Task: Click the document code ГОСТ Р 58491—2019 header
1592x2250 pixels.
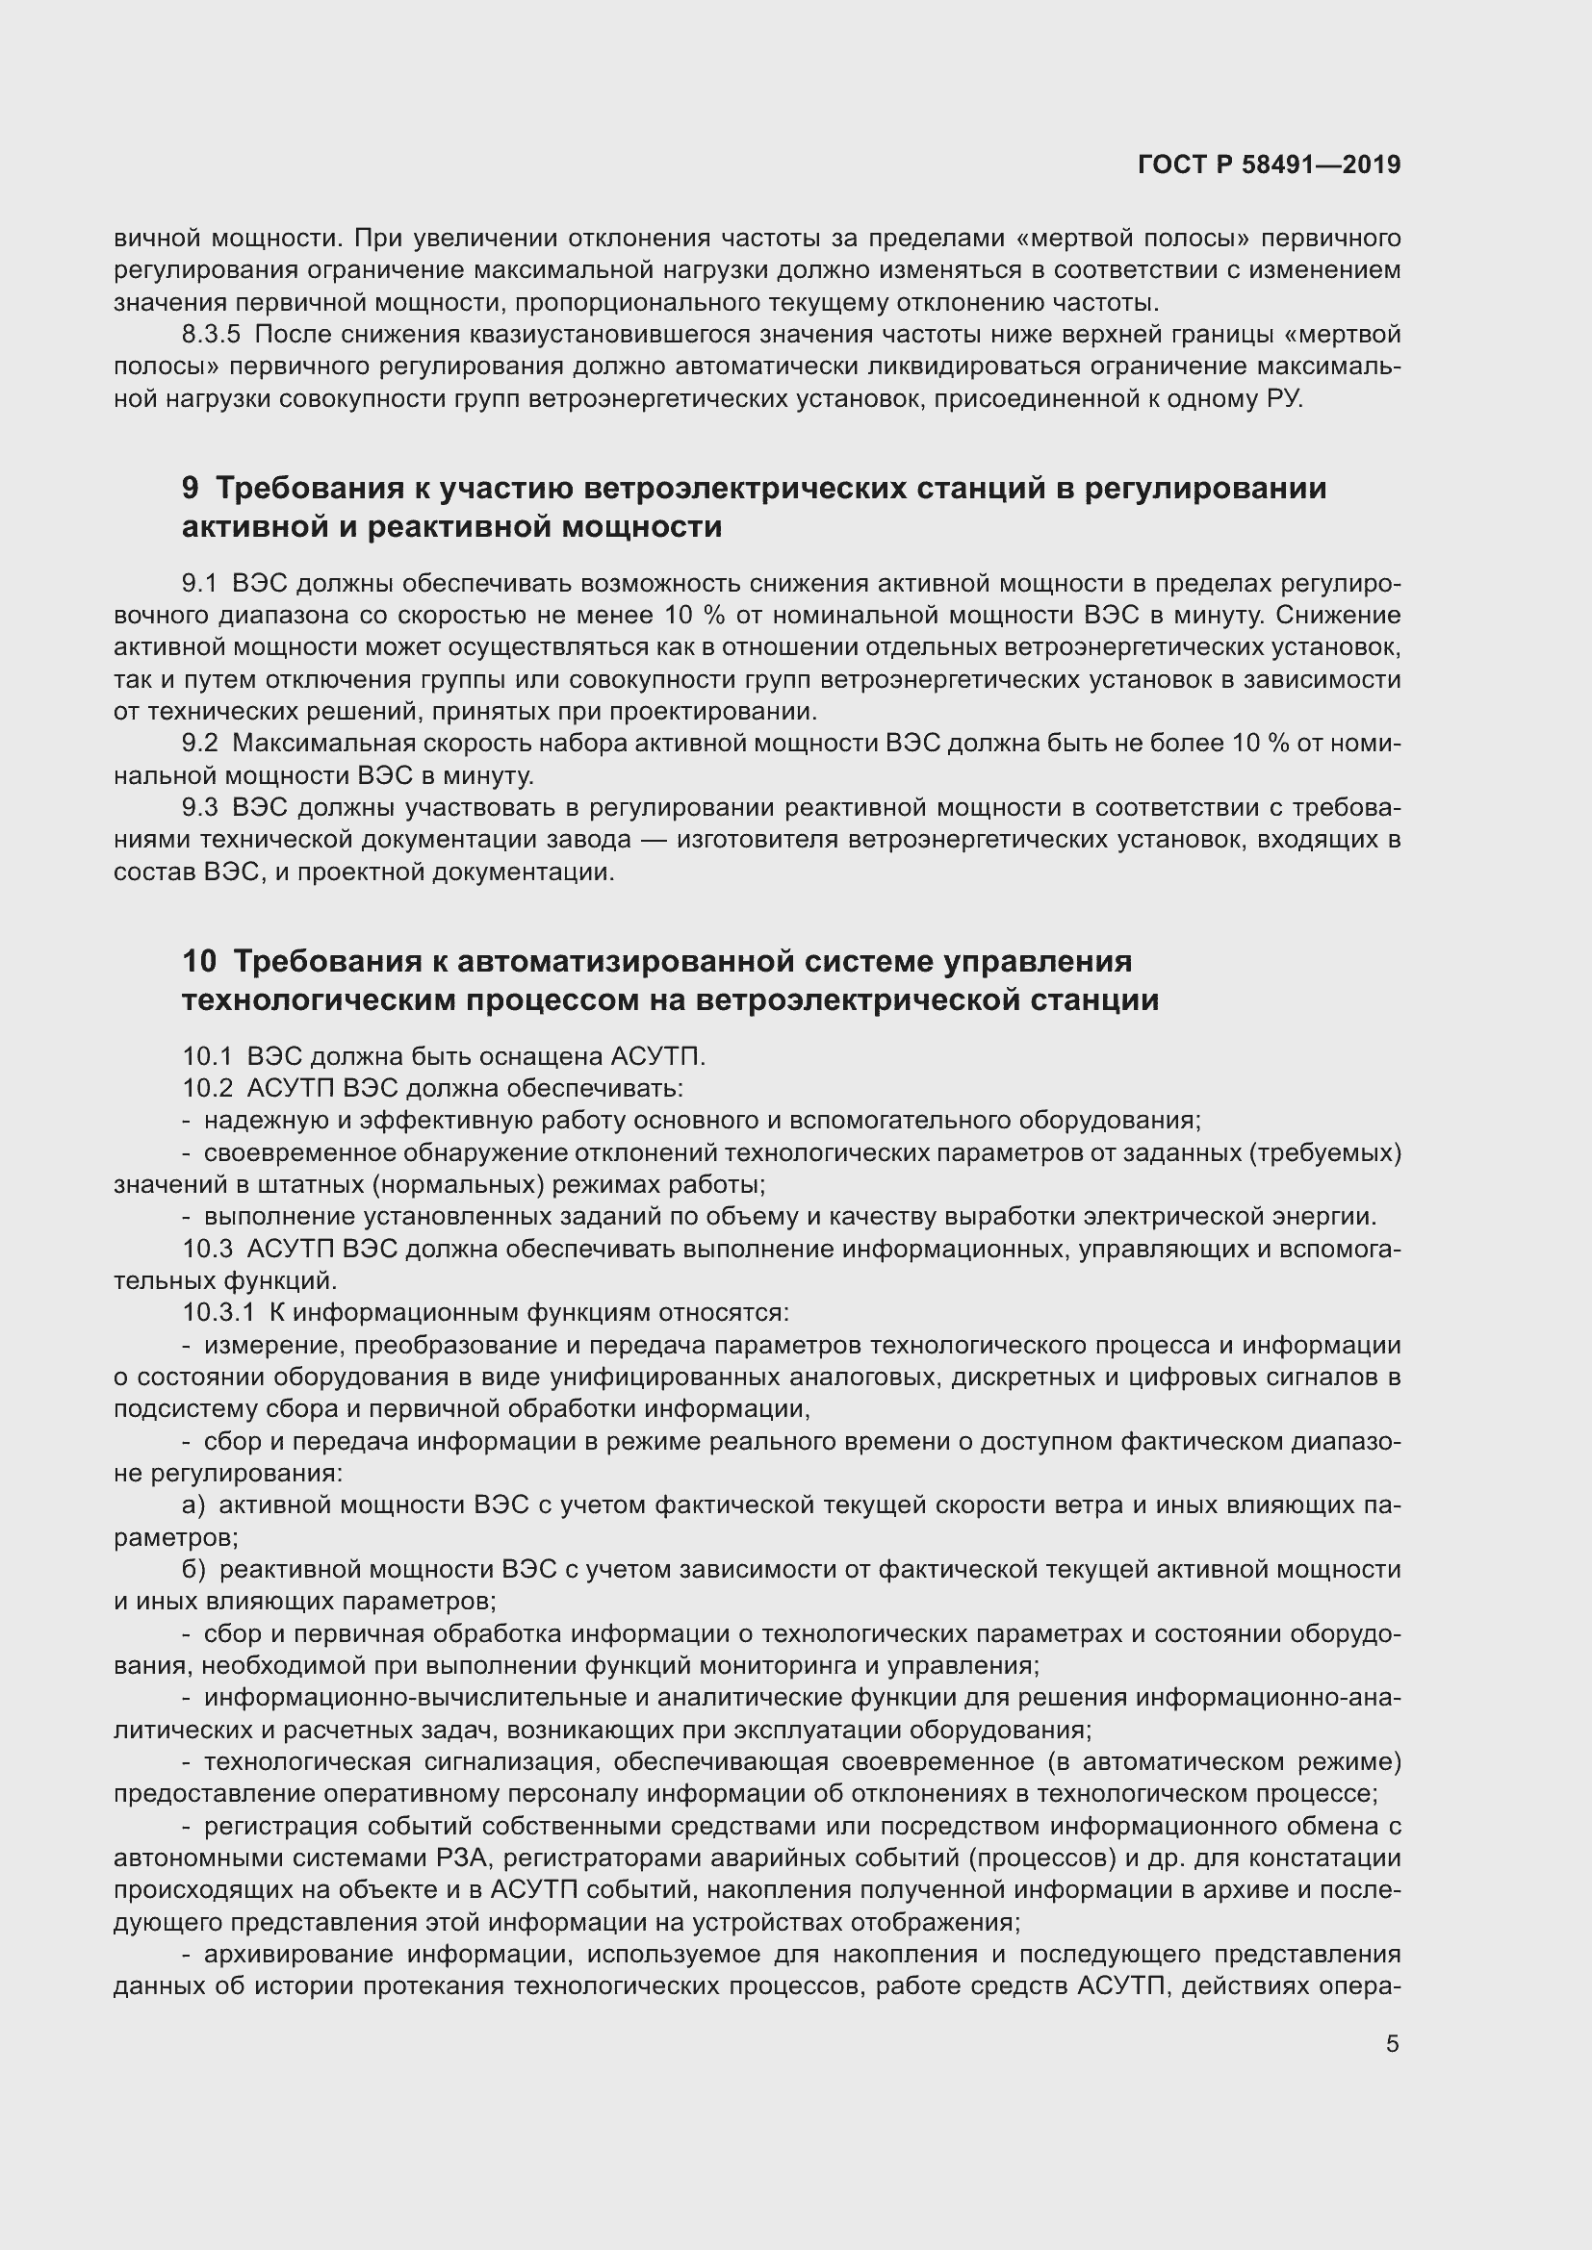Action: (x=1269, y=164)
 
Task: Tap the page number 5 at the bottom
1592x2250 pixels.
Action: (x=1392, y=2044)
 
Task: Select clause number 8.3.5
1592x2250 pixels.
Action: (x=211, y=335)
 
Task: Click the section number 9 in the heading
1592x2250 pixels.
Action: (x=191, y=488)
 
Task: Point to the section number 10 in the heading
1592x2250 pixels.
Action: (x=199, y=960)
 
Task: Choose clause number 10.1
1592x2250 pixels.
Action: (x=207, y=1056)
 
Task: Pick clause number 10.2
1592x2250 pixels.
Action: (x=207, y=1088)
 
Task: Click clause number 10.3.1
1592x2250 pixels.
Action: (x=218, y=1312)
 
